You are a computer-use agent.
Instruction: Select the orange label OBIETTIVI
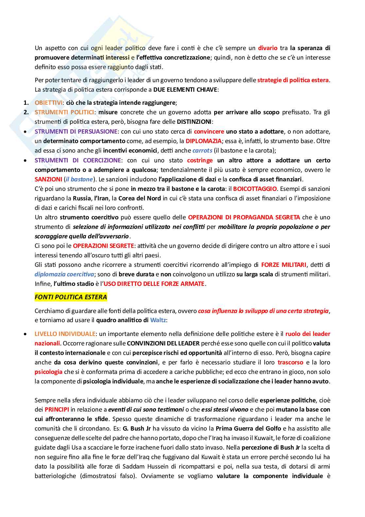pyautogui.click(x=48, y=103)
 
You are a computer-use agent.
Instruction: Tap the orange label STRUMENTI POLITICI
pyautogui.click(x=64, y=112)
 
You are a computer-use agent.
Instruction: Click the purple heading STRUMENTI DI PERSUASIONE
pyautogui.click(x=76, y=132)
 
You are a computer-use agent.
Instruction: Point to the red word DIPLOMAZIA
pyautogui.click(x=203, y=141)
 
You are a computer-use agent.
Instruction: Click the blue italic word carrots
pyautogui.click(x=202, y=151)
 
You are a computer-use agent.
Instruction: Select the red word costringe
pyautogui.click(x=200, y=160)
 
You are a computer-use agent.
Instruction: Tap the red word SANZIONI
pyautogui.click(x=48, y=179)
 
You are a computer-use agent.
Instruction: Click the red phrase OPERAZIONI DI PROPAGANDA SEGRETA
pyautogui.click(x=244, y=217)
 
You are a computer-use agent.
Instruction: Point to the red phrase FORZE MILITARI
pyautogui.click(x=284, y=265)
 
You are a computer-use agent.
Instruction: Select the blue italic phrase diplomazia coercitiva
pyautogui.click(x=64, y=274)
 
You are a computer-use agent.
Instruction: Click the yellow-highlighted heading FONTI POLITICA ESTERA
pyautogui.click(x=71, y=297)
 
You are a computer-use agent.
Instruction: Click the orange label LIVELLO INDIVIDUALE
pyautogui.click(x=65, y=334)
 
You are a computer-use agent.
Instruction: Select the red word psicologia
pyautogui.click(x=48, y=372)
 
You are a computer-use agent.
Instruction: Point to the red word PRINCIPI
pyautogui.click(x=57, y=410)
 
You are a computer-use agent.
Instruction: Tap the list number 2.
pyautogui.click(x=26, y=112)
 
